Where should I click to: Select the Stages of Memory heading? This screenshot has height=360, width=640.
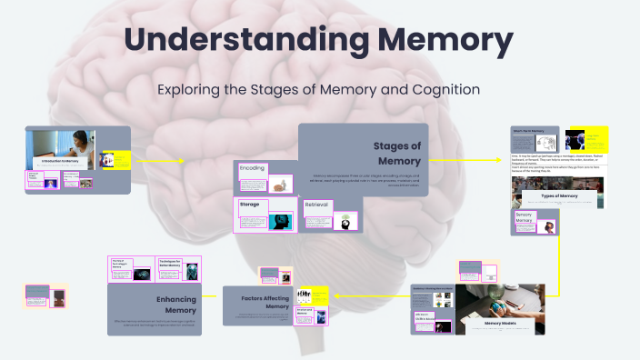[397, 153]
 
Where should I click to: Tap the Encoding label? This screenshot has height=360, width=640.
[253, 169]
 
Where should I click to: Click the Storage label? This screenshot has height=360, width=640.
[250, 205]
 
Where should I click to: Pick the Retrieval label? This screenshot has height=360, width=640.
[316, 205]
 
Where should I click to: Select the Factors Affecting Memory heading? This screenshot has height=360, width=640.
[265, 302]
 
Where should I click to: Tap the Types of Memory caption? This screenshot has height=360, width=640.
[560, 196]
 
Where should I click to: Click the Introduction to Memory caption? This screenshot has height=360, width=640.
[60, 161]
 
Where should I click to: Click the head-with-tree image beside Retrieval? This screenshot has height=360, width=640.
[345, 221]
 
